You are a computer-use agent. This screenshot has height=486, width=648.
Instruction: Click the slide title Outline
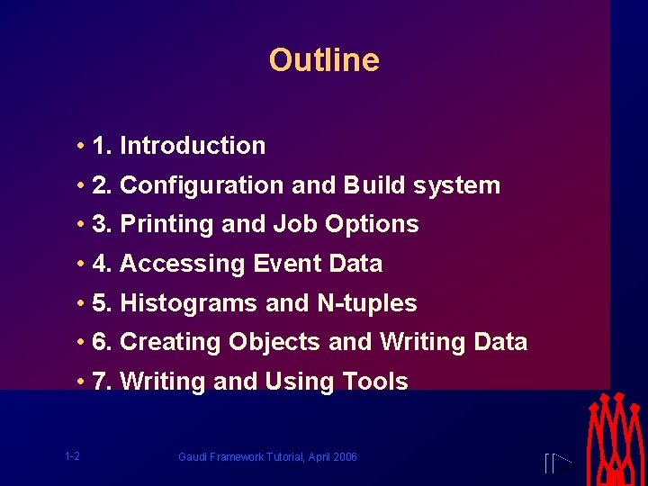[x=324, y=60]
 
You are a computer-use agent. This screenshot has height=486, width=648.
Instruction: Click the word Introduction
[x=193, y=146]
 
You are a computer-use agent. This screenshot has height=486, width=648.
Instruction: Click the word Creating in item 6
[x=170, y=342]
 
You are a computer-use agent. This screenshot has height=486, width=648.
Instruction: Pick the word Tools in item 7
[x=375, y=382]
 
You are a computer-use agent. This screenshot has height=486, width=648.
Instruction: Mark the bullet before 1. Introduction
[x=81, y=146]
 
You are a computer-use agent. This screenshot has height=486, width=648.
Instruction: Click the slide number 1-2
[x=72, y=456]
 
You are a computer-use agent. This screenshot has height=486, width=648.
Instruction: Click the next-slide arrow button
[x=559, y=464]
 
